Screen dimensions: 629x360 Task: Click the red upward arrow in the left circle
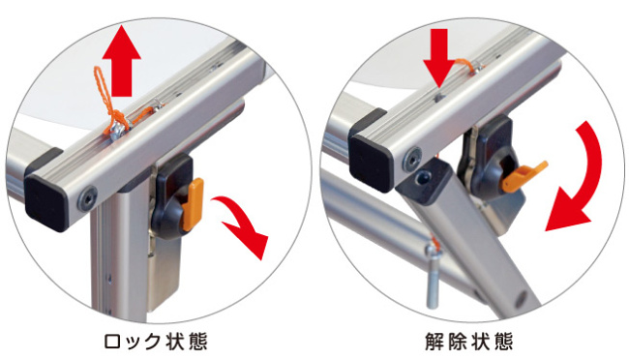point(122,60)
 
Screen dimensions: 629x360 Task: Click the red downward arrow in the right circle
point(441,56)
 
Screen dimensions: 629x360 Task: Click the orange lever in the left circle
point(193,204)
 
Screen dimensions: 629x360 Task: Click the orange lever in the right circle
point(523,176)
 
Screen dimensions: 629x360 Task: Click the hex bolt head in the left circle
point(87,197)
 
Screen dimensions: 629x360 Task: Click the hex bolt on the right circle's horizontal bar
point(413,157)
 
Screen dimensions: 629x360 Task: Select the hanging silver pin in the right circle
point(433,277)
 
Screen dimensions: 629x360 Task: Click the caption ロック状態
point(156,343)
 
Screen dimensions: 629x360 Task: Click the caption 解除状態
point(469,343)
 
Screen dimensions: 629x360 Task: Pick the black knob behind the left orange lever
point(170,196)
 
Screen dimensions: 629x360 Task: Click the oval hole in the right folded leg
point(521,297)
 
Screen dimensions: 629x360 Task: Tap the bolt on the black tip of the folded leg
point(423,176)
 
